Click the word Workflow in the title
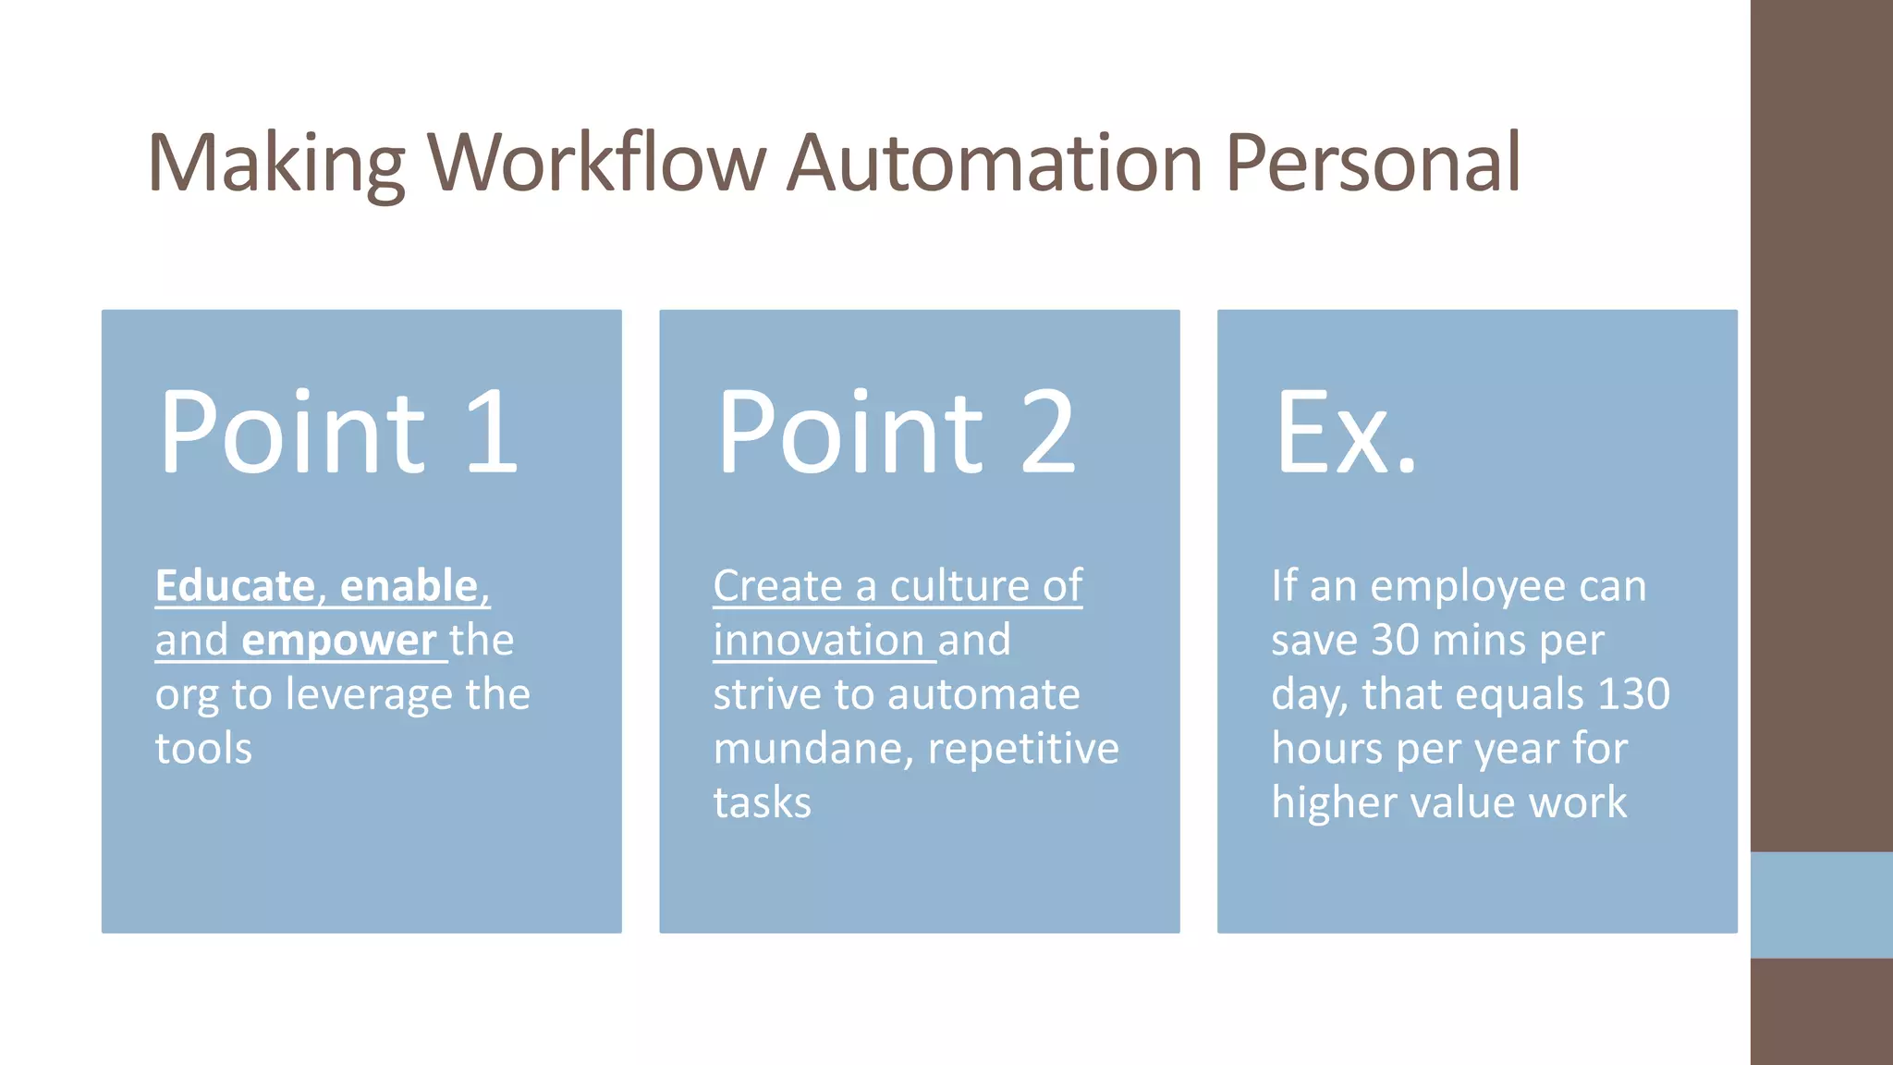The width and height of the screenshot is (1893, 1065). pos(596,163)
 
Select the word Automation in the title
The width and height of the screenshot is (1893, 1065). pos(995,163)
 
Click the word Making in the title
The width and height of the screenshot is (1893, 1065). pos(275,165)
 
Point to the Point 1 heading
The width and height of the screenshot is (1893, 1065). pos(337,432)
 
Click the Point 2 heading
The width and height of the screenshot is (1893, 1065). pos(896,432)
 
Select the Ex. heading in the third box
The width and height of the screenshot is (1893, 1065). pos(1345,432)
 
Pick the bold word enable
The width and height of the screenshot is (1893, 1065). pos(409,586)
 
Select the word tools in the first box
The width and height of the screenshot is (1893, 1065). pos(203,749)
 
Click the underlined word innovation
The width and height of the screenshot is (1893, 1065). pos(818,641)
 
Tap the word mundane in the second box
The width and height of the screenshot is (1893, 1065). pos(812,749)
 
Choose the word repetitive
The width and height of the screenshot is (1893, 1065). pos(1022,749)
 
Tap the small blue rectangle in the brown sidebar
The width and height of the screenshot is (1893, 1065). pos(1821,904)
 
